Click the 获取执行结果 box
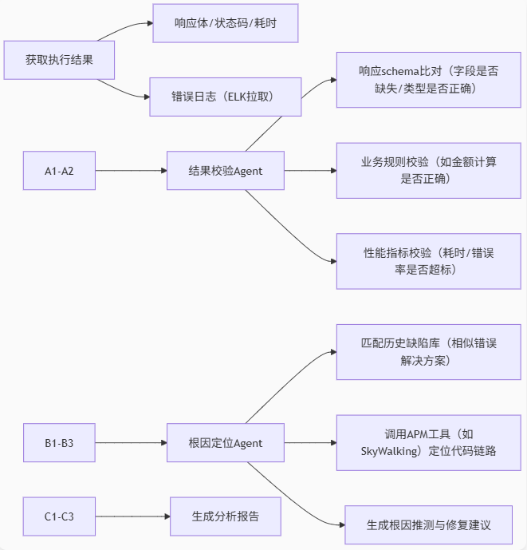[60, 59]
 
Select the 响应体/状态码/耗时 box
[225, 23]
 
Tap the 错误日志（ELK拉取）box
[225, 97]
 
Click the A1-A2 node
[59, 170]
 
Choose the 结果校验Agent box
[225, 170]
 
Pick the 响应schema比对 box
[428, 80]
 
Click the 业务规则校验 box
[428, 170]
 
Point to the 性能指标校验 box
[428, 261]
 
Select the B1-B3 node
[59, 442]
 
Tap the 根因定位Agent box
[225, 442]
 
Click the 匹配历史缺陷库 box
[428, 352]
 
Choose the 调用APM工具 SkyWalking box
[428, 442]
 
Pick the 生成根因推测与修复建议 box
[428, 524]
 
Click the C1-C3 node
[59, 516]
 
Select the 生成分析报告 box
[225, 516]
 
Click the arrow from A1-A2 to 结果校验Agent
[131, 170]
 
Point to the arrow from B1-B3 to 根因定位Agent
[131, 442]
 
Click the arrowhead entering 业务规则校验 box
[332, 170]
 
